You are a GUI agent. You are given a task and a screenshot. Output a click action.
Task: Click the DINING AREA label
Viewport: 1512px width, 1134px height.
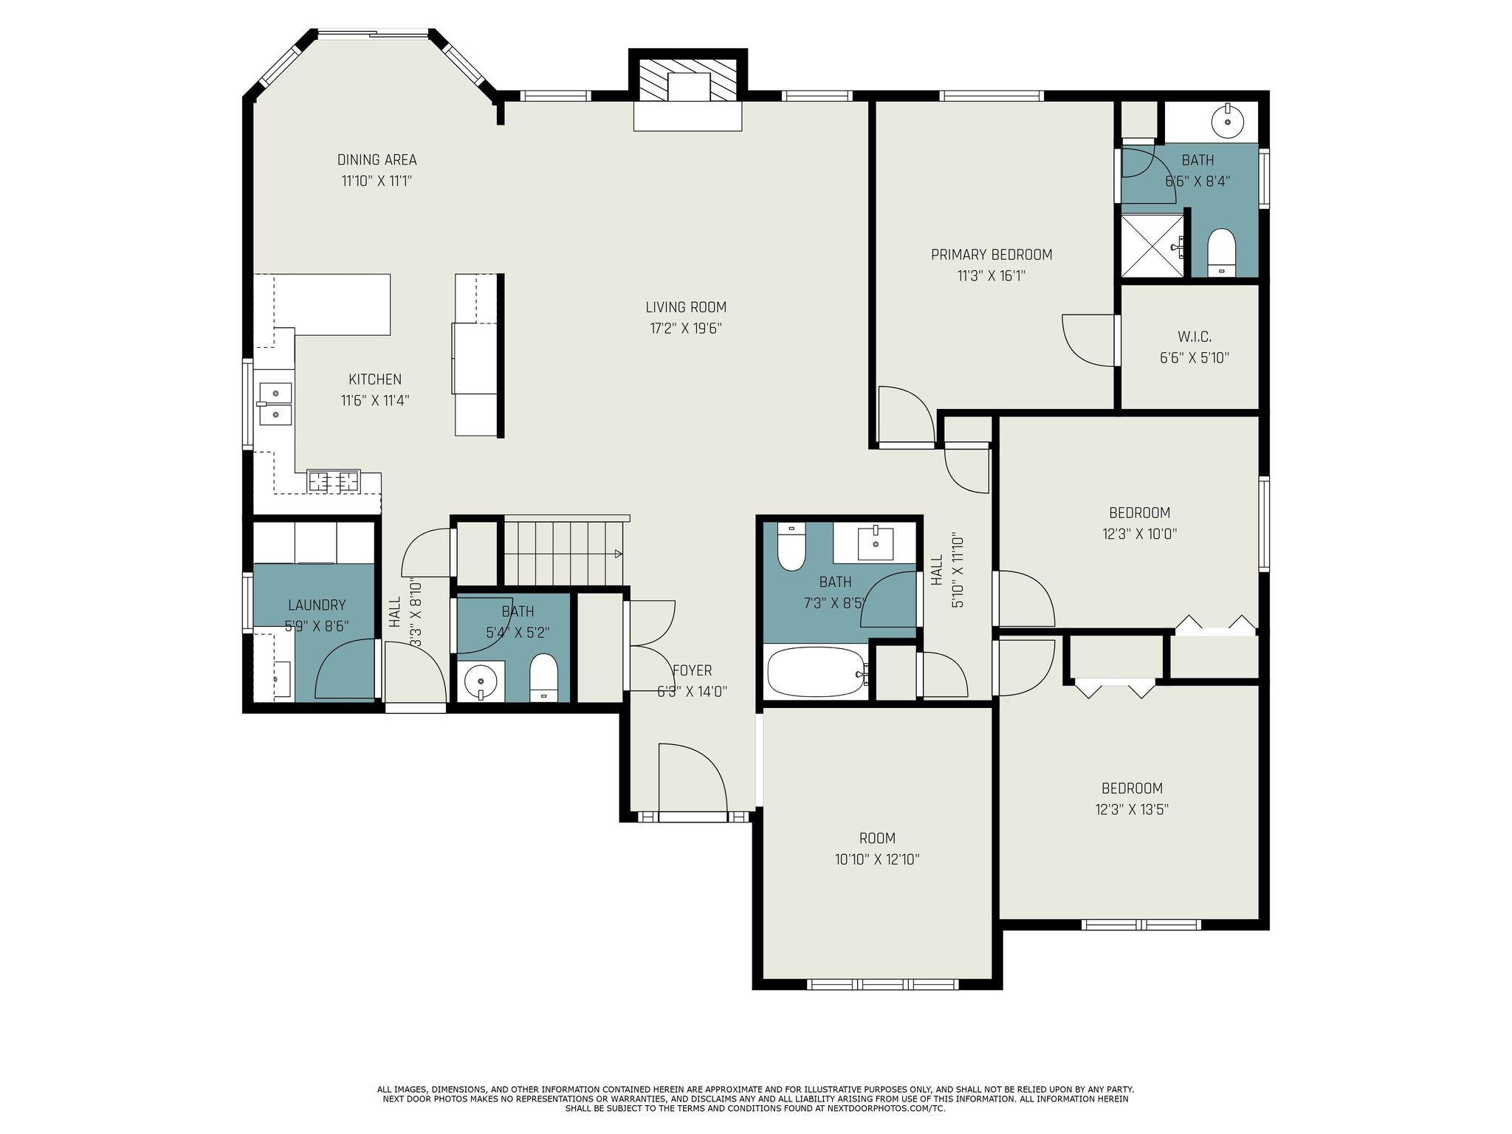tap(377, 159)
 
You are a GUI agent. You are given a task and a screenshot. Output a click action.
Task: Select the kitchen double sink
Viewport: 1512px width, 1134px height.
tap(275, 404)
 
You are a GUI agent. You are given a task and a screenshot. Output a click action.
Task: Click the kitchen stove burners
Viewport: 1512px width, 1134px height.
tap(334, 481)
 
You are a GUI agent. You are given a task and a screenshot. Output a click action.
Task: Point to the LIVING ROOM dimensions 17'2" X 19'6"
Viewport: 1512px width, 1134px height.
tap(685, 329)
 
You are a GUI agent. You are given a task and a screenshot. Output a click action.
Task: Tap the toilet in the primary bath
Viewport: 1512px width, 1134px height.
tap(1221, 252)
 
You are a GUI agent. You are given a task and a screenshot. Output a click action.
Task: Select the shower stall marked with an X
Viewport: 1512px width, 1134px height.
tap(1152, 246)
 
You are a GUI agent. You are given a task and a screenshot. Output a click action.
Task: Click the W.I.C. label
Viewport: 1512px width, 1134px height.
tap(1194, 337)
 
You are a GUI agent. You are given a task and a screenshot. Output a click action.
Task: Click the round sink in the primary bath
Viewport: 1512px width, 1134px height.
tap(1227, 121)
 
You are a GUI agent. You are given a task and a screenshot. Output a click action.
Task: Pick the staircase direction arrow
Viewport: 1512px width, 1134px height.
tap(617, 553)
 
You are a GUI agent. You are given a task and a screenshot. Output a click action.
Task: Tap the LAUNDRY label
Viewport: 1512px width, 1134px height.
tap(316, 605)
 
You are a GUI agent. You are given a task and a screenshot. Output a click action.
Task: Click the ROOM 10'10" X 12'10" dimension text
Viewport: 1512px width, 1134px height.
tap(876, 859)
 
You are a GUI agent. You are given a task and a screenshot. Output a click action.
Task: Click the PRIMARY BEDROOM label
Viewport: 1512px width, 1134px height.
tap(991, 255)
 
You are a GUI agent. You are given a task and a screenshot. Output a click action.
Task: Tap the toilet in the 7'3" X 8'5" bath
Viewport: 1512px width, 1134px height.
tap(791, 548)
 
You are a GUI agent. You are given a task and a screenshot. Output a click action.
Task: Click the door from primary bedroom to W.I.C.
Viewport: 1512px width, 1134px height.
tap(1089, 340)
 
